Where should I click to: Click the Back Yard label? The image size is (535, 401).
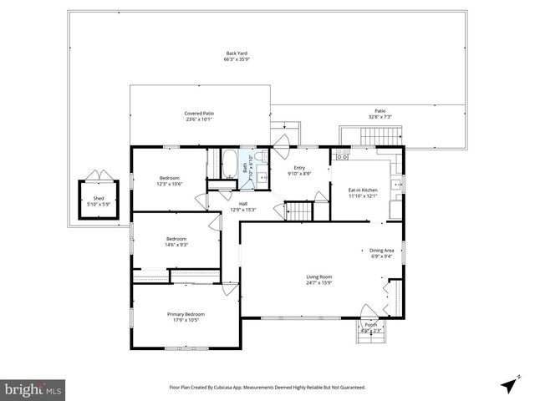point(235,53)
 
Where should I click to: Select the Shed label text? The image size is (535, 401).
point(99,197)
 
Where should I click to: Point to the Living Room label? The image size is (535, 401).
point(318,277)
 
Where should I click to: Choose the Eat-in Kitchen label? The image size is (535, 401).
point(363,190)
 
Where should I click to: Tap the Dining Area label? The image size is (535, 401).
point(381,251)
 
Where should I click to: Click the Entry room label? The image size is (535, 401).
point(299,168)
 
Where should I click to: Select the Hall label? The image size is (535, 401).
point(242,204)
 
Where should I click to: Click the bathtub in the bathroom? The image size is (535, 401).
point(227,164)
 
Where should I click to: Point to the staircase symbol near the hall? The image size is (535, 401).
point(299,212)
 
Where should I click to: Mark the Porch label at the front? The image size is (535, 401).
point(370,325)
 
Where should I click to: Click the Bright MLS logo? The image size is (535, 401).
point(33,388)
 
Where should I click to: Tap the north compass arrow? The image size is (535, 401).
point(507,385)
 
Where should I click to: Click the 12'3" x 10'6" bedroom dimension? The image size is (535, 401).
point(170,184)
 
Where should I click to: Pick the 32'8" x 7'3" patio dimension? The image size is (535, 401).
point(380,117)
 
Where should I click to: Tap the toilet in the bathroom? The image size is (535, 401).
point(261,158)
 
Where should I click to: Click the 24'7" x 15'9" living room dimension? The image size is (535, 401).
point(318,282)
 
